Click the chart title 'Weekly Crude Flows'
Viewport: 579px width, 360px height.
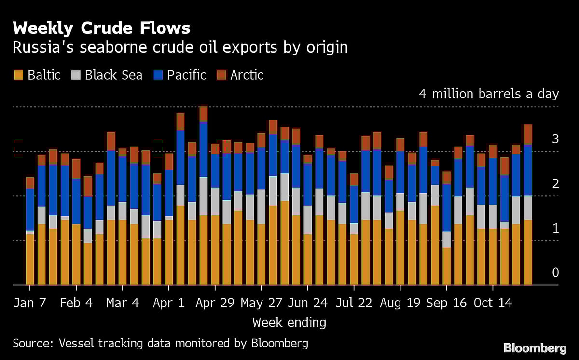pyautogui.click(x=101, y=28)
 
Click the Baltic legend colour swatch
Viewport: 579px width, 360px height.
pyautogui.click(x=19, y=75)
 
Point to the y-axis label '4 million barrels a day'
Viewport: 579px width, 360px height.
pyautogui.click(x=488, y=94)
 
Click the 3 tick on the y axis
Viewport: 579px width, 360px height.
pyautogui.click(x=555, y=140)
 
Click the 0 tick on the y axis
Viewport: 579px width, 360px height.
pyautogui.click(x=555, y=273)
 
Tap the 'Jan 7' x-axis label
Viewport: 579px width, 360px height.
pyautogui.click(x=30, y=303)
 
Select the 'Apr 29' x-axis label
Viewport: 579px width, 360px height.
pyautogui.click(x=215, y=303)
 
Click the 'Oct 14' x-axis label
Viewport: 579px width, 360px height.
pyautogui.click(x=493, y=303)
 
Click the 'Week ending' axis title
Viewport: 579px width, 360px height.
pyautogui.click(x=289, y=322)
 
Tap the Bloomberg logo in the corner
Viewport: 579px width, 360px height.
pyautogui.click(x=535, y=348)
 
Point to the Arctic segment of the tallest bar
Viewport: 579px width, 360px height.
pyautogui.click(x=204, y=113)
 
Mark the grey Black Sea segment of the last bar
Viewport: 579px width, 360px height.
pyautogui.click(x=527, y=208)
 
